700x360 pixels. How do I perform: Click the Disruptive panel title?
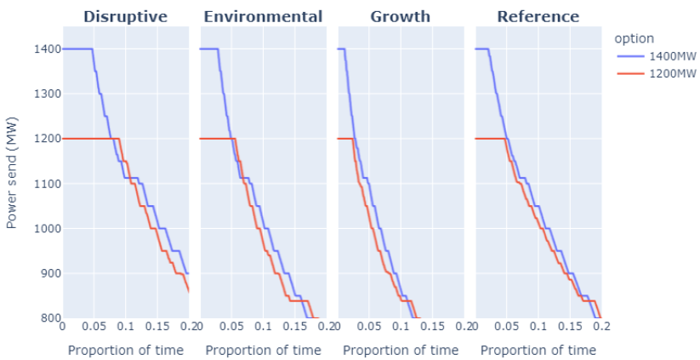(x=125, y=17)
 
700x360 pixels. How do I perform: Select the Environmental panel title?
(x=263, y=17)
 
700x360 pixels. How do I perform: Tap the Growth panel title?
(x=401, y=17)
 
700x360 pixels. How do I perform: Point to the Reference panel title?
(x=538, y=17)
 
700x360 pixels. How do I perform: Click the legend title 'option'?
(x=635, y=38)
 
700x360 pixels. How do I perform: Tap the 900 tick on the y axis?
(x=47, y=274)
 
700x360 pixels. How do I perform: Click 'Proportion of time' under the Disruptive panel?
(x=125, y=350)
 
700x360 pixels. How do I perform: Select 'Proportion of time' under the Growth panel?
(x=401, y=350)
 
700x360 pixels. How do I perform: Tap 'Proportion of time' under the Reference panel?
(x=538, y=350)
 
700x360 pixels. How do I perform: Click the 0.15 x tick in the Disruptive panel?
(x=157, y=326)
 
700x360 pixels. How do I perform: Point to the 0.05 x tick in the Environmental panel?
(x=232, y=326)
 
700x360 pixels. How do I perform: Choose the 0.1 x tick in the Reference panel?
(x=538, y=326)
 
